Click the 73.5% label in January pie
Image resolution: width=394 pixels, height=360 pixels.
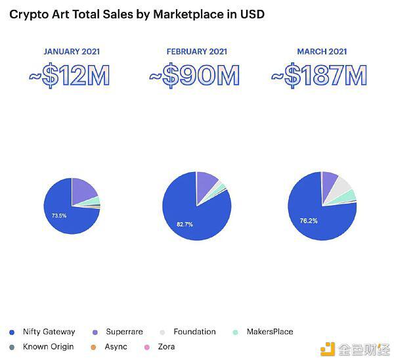[59, 215]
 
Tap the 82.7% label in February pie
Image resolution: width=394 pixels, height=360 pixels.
[185, 224]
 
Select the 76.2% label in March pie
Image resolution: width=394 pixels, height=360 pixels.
[309, 221]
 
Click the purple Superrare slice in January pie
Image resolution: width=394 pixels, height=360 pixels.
[84, 190]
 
